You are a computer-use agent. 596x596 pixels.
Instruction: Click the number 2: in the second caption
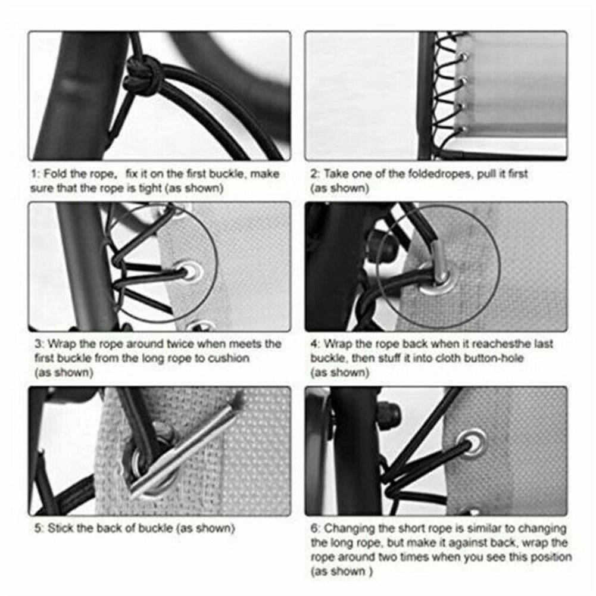pyautogui.click(x=315, y=174)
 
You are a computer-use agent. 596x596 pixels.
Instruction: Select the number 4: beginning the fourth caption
pyautogui.click(x=316, y=344)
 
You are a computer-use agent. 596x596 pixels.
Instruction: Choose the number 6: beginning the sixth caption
pyautogui.click(x=316, y=528)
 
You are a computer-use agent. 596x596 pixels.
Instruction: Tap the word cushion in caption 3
pyautogui.click(x=229, y=358)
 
